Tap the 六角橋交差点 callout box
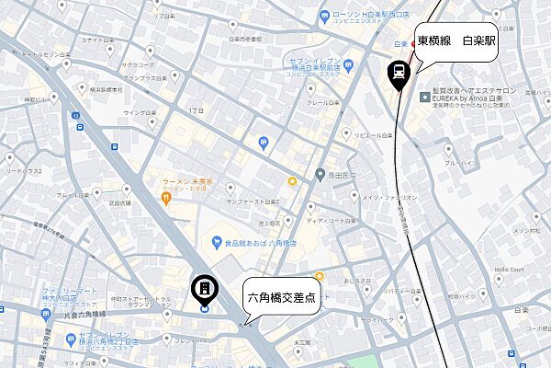pos(284,298)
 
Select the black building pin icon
pos(204,291)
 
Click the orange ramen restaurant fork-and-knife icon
pos(164,195)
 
